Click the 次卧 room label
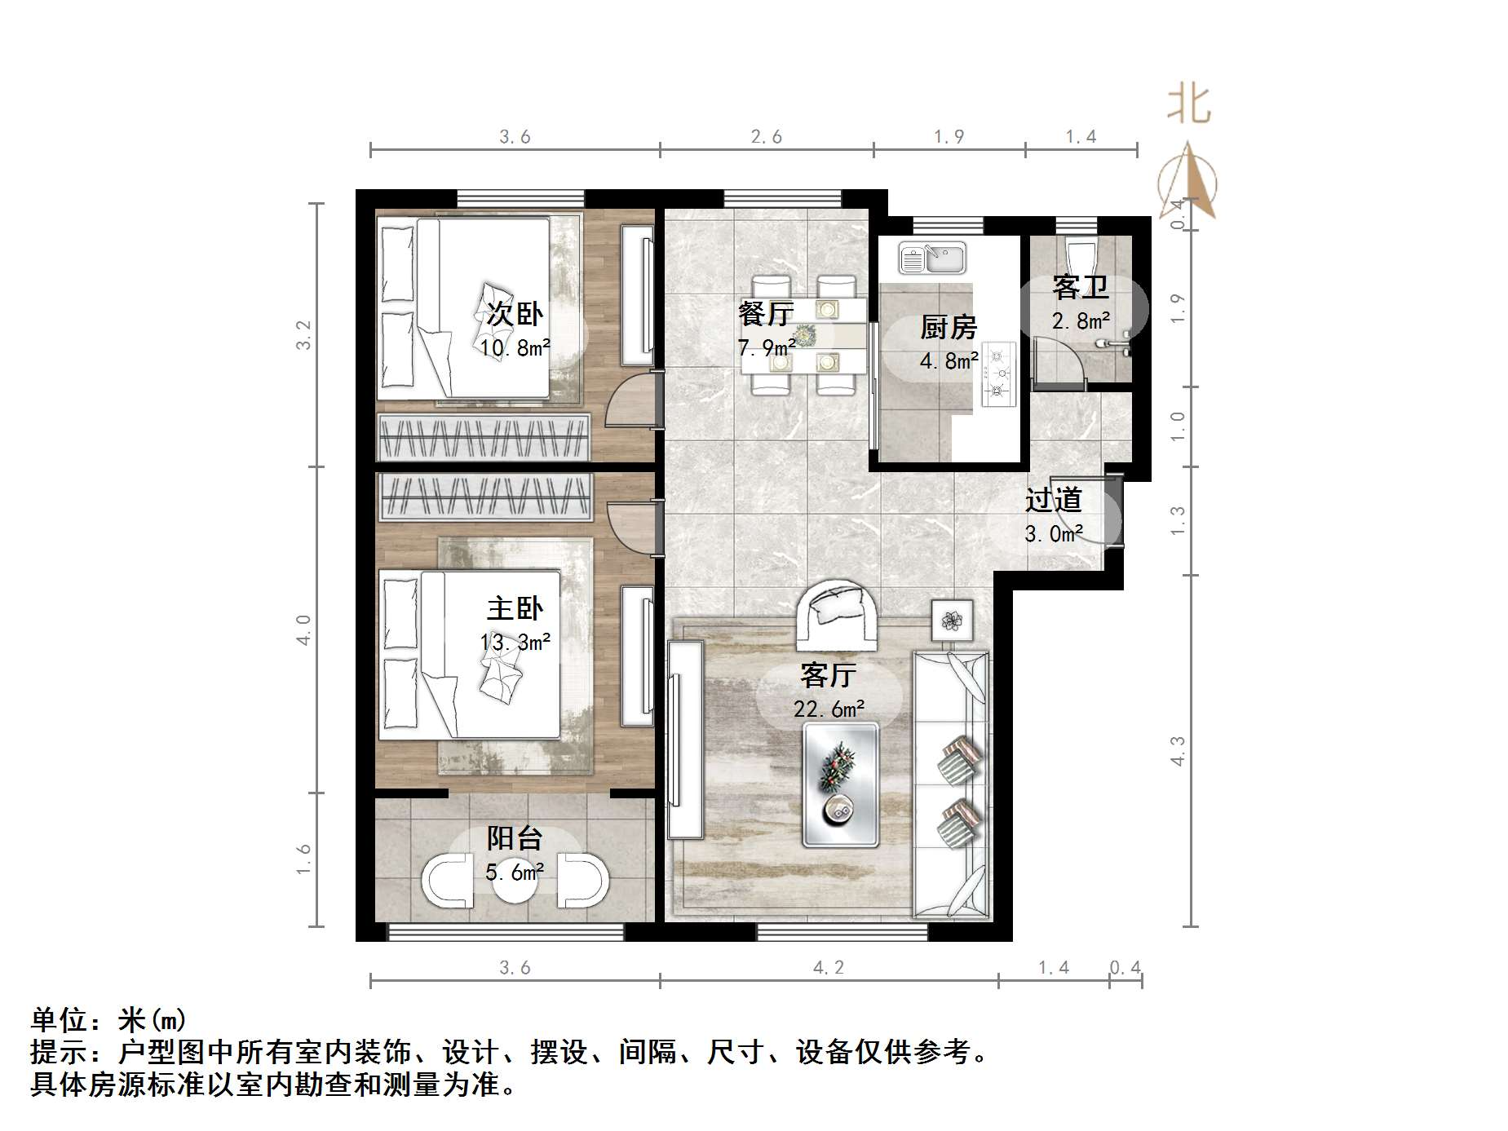point(515,313)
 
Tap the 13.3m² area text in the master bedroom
point(515,643)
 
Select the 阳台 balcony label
point(515,838)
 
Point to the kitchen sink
point(932,258)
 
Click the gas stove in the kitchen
point(998,374)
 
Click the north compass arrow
point(1189,181)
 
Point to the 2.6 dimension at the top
point(767,137)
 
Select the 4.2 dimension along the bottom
point(829,968)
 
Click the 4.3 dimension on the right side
point(1178,750)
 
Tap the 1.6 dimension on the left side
point(304,859)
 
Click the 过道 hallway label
point(1053,500)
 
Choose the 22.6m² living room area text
point(829,709)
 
